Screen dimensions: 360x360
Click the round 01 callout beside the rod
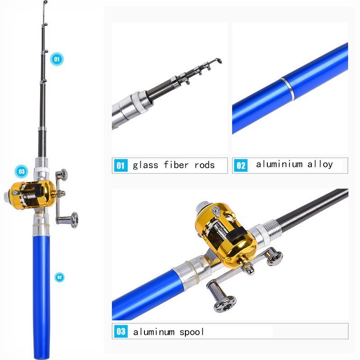pos(57,59)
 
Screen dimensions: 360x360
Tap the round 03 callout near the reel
pos(21,171)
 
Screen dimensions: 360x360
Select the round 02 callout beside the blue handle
pos(59,277)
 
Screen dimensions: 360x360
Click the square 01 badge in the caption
pos(121,165)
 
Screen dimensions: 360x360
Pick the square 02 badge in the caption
pos(241,165)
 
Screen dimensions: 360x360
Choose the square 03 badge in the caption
pos(121,331)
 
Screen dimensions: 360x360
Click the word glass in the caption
pos(145,165)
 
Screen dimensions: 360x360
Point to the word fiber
pos(176,165)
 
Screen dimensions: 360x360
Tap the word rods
pos(205,165)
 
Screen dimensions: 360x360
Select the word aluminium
pos(279,164)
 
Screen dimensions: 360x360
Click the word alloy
pos(320,164)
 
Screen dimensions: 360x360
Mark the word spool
pos(192,332)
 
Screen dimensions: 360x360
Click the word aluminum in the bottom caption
pos(154,332)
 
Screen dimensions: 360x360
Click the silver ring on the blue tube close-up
pos(287,89)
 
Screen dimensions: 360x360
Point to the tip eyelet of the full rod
pos(45,2)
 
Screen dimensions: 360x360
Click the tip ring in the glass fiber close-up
pos(218,61)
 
